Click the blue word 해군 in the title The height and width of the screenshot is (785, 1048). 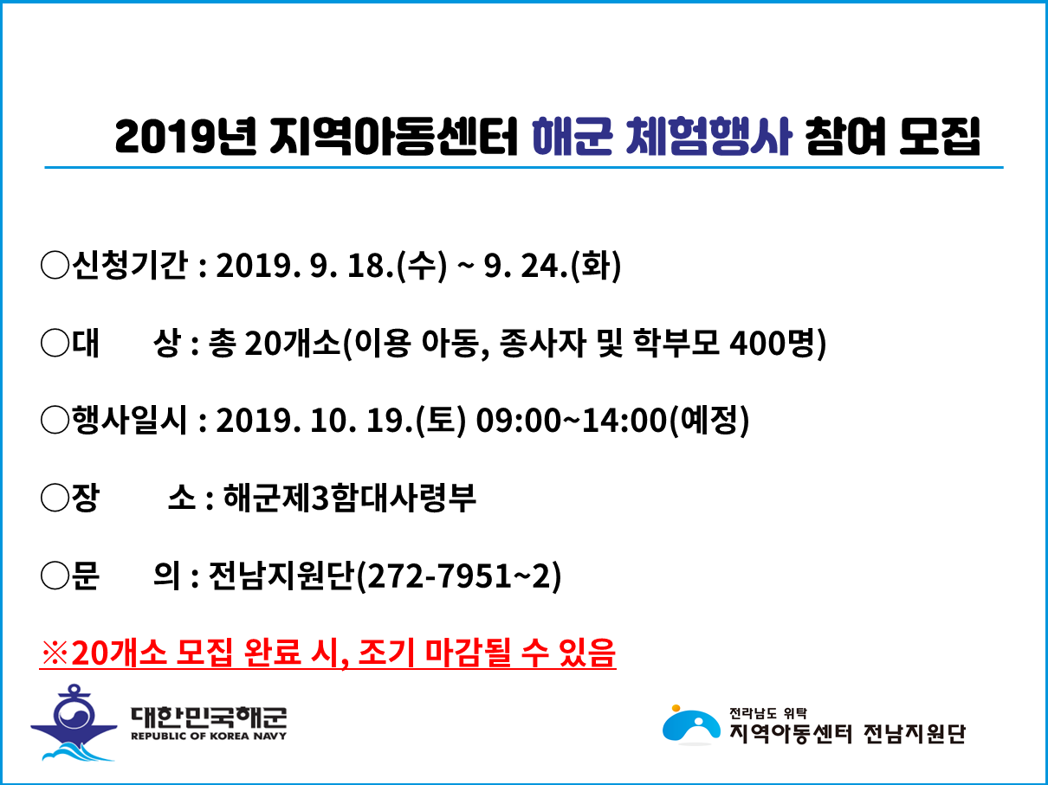[572, 137]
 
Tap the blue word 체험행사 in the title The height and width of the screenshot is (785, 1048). [708, 137]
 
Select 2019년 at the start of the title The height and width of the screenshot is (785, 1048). [185, 137]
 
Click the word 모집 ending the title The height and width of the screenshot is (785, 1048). [939, 137]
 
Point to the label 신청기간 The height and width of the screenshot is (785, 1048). [129, 265]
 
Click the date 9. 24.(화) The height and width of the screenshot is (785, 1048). [553, 265]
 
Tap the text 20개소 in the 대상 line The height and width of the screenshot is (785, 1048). [292, 343]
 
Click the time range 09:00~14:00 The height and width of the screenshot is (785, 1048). [572, 421]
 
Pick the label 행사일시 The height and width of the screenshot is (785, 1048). [129, 420]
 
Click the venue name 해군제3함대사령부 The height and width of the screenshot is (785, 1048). [350, 498]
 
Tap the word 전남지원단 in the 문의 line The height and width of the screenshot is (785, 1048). [281, 576]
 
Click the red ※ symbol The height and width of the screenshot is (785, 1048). [55, 653]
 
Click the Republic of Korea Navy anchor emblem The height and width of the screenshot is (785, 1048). [74, 722]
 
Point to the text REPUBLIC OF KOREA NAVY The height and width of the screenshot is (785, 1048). [209, 737]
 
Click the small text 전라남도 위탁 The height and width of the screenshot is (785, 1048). [768, 713]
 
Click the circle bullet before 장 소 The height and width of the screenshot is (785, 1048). [55, 498]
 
